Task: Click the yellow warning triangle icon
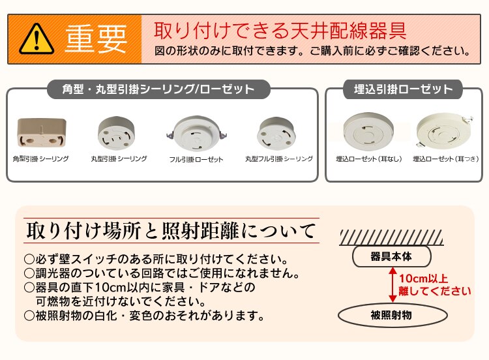coord(37,39)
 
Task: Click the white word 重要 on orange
coord(96,39)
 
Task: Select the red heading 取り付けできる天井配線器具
coord(280,31)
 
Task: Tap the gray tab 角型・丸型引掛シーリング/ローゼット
coord(158,89)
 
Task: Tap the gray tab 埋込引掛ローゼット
coord(403,89)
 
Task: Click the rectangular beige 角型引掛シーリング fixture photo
coord(42,132)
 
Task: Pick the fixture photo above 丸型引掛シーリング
coord(117,132)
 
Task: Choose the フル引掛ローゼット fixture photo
coord(197,134)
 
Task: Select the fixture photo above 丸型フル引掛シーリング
coord(276,133)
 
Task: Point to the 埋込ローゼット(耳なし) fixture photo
coord(368,132)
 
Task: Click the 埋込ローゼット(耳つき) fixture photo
coord(444,132)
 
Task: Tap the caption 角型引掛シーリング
coord(41,158)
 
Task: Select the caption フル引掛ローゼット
coord(196,159)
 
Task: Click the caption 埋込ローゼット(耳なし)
coord(369,159)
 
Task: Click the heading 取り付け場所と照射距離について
coord(171,231)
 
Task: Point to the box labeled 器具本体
coord(392,256)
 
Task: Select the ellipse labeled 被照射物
coord(393,316)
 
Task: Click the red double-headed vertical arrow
coord(393,284)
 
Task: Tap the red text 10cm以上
coord(424,278)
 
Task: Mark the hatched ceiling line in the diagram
coord(391,237)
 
